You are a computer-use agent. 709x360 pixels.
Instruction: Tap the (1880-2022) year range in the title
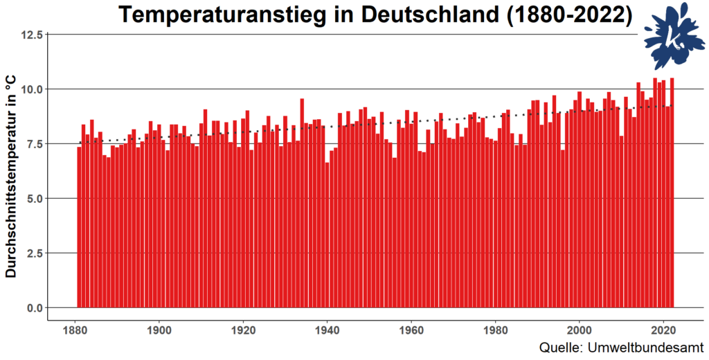571,15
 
